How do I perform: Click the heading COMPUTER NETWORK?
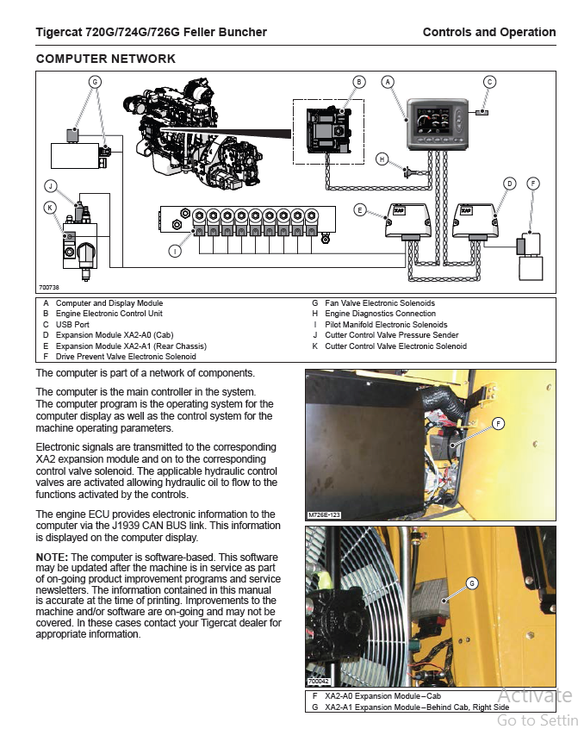105,59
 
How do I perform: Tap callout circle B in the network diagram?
359,82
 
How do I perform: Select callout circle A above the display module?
388,82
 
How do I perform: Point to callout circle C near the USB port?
489,82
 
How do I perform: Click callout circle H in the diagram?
382,159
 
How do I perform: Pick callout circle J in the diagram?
51,185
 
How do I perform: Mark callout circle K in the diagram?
51,207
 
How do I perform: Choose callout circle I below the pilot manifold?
175,252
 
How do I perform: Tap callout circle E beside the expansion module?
360,209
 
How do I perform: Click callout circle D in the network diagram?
509,184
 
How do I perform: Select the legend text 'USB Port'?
73,325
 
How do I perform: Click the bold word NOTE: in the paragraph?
52,558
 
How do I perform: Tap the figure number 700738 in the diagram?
48,287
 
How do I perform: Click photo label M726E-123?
325,514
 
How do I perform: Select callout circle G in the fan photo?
472,583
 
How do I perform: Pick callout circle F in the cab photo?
498,422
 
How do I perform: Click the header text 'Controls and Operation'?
488,33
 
